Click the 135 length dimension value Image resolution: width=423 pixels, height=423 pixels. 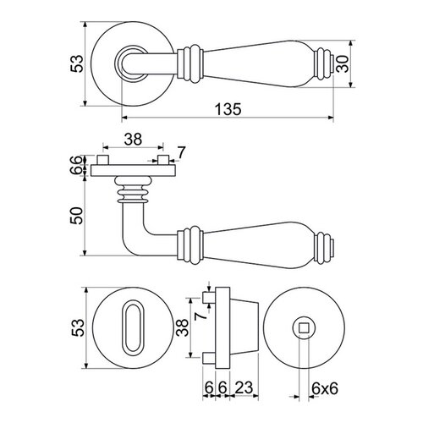pyautogui.click(x=228, y=109)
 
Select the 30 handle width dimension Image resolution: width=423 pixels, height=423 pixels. pyautogui.click(x=343, y=64)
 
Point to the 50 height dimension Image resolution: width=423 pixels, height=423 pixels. pyautogui.click(x=78, y=216)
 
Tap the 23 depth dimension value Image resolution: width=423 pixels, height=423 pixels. pyautogui.click(x=244, y=387)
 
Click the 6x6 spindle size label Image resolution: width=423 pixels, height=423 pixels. pyautogui.click(x=325, y=389)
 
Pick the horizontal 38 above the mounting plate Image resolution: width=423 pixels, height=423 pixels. pyautogui.click(x=133, y=140)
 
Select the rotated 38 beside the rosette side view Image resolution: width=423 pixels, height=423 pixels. pyautogui.click(x=184, y=327)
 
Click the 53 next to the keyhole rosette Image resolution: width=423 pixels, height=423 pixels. pyautogui.click(x=78, y=327)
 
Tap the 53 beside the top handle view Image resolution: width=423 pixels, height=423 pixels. pyautogui.click(x=77, y=63)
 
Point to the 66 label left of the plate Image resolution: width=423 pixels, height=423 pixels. pyautogui.click(x=78, y=165)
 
